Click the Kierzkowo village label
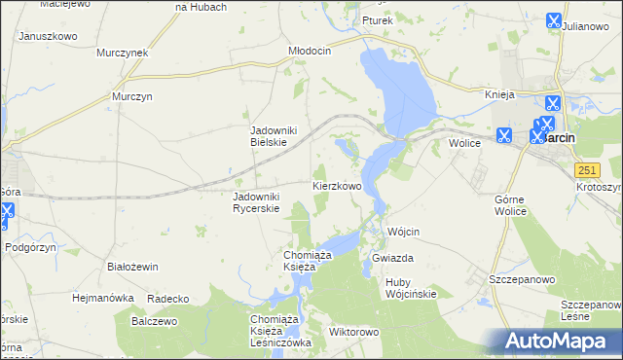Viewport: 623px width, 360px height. point(337,185)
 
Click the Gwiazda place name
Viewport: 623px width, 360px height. point(393,258)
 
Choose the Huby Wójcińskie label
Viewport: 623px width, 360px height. point(411,287)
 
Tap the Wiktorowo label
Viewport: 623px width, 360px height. point(353,332)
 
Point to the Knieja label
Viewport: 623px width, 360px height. point(499,94)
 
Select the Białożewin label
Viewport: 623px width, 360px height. point(132,266)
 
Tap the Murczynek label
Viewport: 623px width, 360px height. point(122,53)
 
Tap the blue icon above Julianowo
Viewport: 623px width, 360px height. point(553,19)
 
